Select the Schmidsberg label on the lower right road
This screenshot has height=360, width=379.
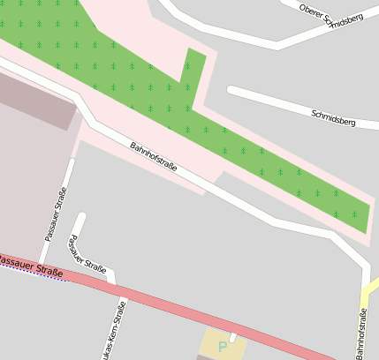click(333, 116)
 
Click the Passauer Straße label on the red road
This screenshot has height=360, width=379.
click(32, 266)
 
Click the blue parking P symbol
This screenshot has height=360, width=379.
click(223, 348)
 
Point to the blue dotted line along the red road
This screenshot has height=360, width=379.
click(35, 274)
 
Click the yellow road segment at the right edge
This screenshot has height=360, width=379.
click(372, 288)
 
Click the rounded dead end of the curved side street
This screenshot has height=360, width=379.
click(82, 217)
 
